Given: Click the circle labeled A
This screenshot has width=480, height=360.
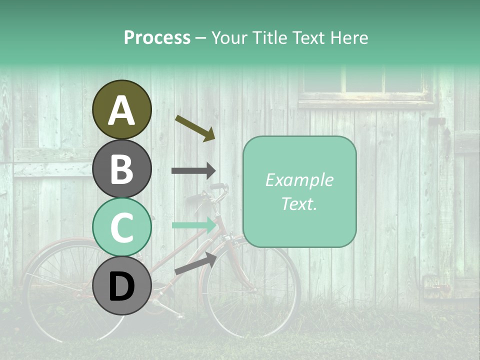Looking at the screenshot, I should coord(121,109).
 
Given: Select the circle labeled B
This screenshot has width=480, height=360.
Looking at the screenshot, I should coord(121,168).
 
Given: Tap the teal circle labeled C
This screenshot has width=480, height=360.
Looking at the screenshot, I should coord(121,227).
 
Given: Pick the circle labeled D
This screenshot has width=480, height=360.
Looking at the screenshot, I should coord(121,285).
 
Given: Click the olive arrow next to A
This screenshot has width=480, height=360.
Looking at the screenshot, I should coord(195,128).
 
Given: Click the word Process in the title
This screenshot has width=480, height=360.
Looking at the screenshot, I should coord(157,38).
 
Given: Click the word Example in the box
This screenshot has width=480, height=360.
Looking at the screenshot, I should coord(299,180).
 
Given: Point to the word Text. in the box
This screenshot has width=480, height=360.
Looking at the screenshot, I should coord(299,203).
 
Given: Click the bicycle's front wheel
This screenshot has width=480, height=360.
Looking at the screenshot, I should coord(250,290).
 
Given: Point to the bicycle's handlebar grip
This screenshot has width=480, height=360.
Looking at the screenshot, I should coord(217,186).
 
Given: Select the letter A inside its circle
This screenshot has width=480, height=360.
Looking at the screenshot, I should coord(121,110).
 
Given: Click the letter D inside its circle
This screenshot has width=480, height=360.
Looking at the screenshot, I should coord(121,286).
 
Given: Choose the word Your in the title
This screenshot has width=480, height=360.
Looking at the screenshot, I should coord(230,38).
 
